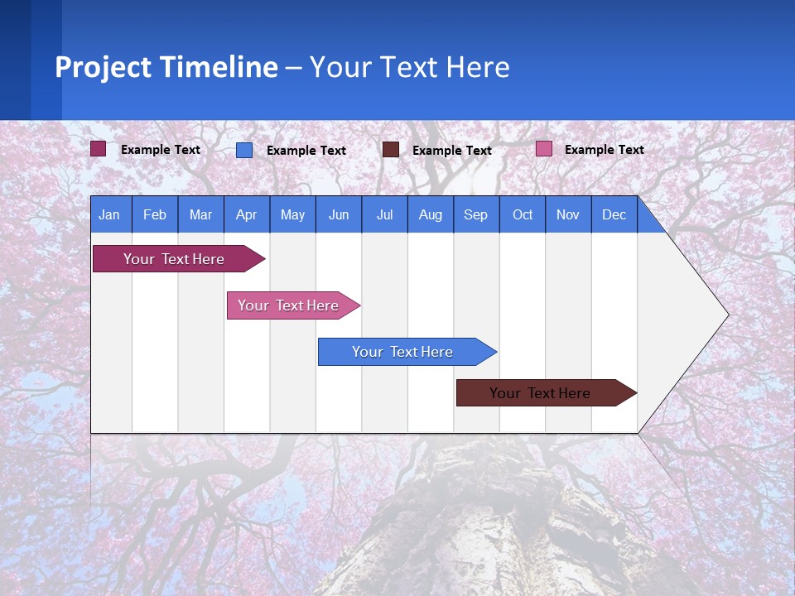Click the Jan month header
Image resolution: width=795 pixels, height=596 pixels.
pyautogui.click(x=110, y=215)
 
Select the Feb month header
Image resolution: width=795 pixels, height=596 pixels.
pyautogui.click(x=155, y=215)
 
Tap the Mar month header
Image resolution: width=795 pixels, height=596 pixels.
pyautogui.click(x=200, y=215)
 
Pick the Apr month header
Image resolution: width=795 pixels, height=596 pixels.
pyautogui.click(x=247, y=215)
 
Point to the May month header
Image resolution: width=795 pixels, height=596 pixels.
pyautogui.click(x=292, y=215)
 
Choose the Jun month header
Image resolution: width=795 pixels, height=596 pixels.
pyautogui.click(x=339, y=215)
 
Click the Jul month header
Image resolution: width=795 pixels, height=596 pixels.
pyautogui.click(x=384, y=215)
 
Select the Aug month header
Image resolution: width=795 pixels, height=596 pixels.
pyautogui.click(x=431, y=215)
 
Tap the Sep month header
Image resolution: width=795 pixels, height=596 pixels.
pyautogui.click(x=476, y=215)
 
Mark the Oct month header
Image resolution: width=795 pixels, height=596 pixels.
pyautogui.click(x=523, y=215)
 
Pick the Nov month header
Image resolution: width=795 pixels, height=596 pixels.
pyautogui.click(x=568, y=215)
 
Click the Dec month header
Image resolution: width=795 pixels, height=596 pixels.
pyautogui.click(x=614, y=215)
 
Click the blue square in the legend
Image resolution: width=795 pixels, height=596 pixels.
pyautogui.click(x=244, y=150)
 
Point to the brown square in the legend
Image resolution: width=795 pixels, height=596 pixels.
pyautogui.click(x=391, y=149)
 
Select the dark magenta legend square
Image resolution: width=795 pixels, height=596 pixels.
pyautogui.click(x=99, y=149)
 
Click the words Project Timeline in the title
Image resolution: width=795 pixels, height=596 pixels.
pyautogui.click(x=166, y=67)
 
